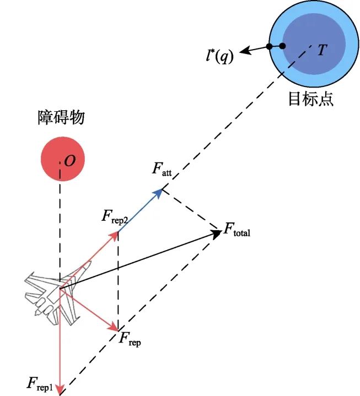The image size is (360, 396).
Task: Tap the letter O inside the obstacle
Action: (x=69, y=161)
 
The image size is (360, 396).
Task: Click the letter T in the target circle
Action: (x=322, y=50)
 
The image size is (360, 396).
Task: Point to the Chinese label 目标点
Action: (x=311, y=99)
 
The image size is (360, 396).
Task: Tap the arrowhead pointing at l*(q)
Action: (x=243, y=51)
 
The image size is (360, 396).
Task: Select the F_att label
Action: (x=162, y=170)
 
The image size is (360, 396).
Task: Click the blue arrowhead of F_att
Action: (x=160, y=192)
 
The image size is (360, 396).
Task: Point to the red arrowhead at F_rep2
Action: (x=115, y=235)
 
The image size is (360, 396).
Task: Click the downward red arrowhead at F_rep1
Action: (x=60, y=388)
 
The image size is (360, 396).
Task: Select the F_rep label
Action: (x=130, y=338)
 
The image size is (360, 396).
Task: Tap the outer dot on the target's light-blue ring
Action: (x=269, y=46)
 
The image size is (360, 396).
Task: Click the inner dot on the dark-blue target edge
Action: (x=282, y=46)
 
